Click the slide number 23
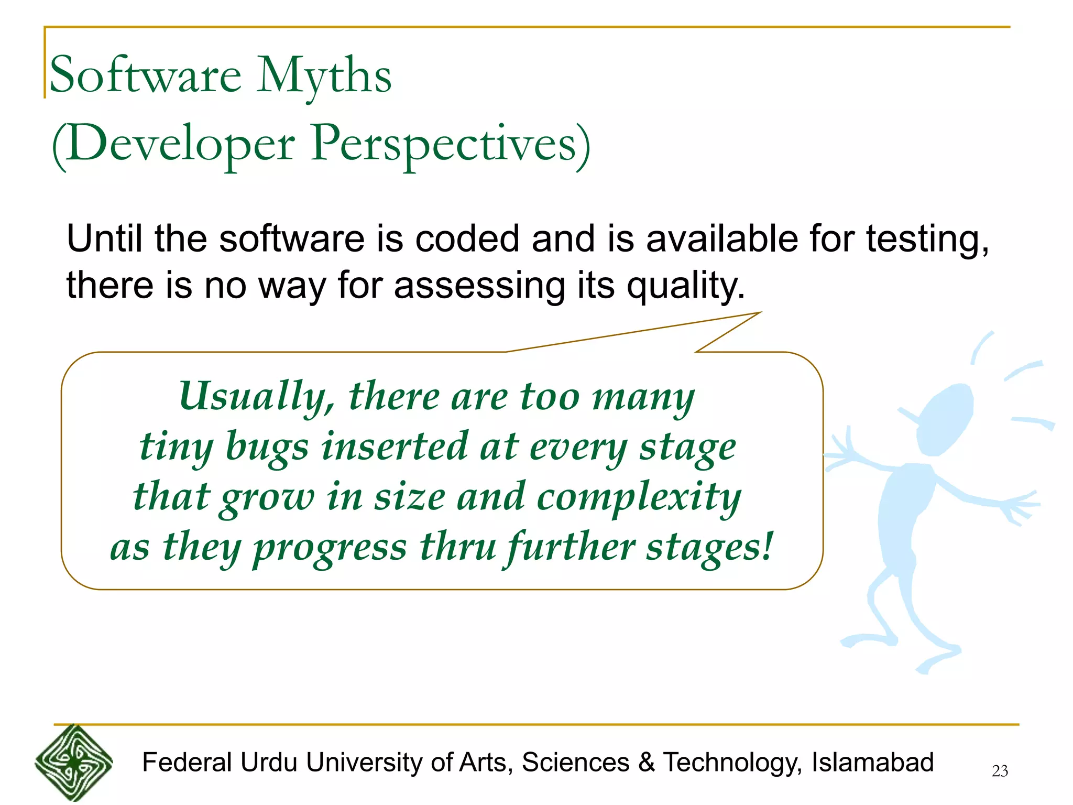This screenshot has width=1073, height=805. pos(1000,771)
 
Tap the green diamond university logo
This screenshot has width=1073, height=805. pos(73,763)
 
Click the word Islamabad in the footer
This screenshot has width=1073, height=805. pos(872,763)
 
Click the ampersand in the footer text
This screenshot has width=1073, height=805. pos(647,763)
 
